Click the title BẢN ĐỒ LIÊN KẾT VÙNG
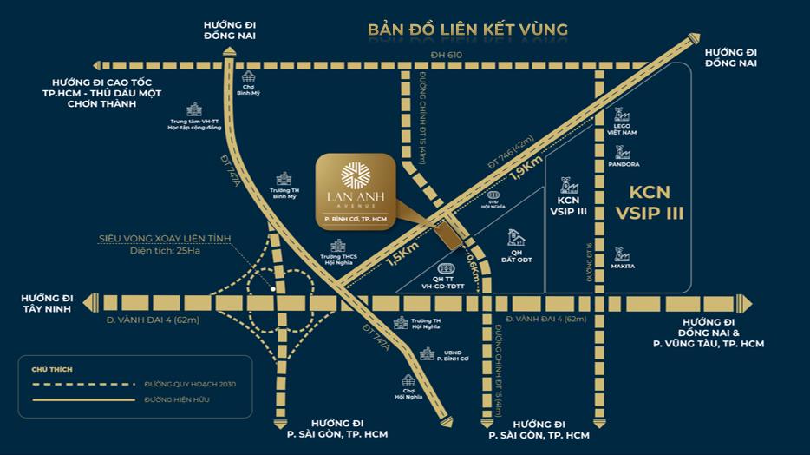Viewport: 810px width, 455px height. pos(467,30)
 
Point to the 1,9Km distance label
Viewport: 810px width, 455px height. pos(527,168)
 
